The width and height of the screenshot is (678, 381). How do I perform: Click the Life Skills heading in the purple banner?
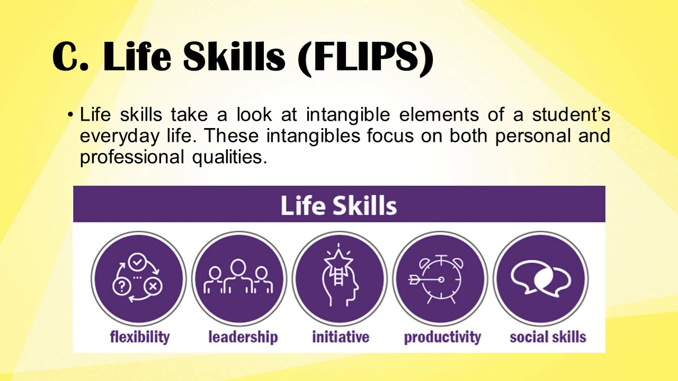pos(338,205)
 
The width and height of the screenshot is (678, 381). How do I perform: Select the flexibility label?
pos(140,337)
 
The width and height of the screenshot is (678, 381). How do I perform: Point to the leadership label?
pos(243,337)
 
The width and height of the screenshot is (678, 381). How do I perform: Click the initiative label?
pos(341,337)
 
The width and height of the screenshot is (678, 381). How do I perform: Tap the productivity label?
pos(442,337)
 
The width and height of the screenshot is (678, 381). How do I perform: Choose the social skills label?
pos(548,337)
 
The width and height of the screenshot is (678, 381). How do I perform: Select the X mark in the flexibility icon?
pos(154,286)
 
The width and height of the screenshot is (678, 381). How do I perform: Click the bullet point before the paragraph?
pos(70,115)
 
